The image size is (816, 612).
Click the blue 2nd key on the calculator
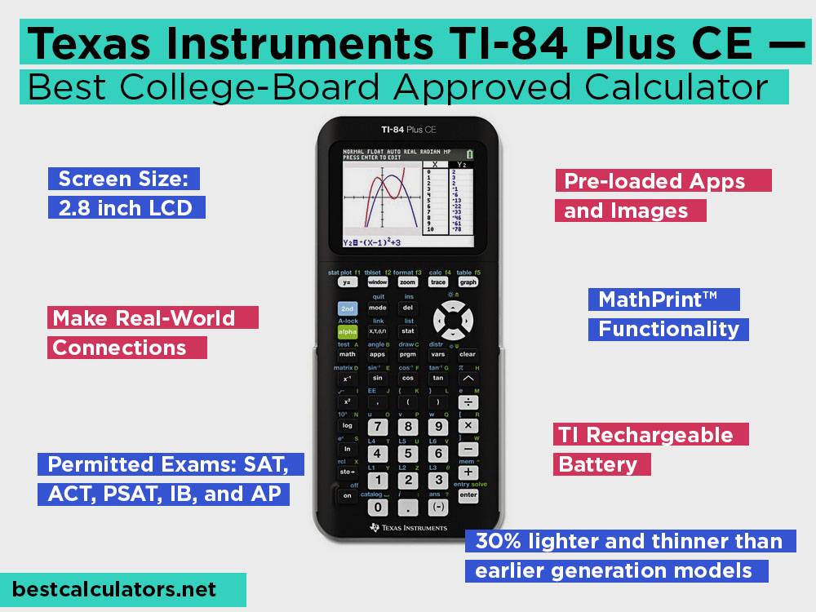[x=348, y=308]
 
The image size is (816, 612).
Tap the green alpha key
[x=348, y=331]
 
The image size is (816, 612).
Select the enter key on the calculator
[x=468, y=494]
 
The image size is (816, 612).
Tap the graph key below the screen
[x=468, y=282]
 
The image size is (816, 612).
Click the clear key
[x=468, y=354]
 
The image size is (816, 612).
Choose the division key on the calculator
[x=468, y=402]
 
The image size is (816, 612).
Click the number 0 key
[x=378, y=507]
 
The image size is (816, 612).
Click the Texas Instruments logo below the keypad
[x=408, y=528]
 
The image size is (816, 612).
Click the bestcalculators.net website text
[x=115, y=588]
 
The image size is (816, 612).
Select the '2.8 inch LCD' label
[x=125, y=207]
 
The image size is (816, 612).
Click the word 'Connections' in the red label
[x=119, y=348]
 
